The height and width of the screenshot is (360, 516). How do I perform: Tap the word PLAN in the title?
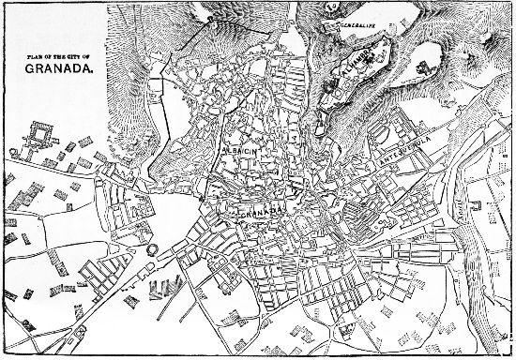[x=38, y=59]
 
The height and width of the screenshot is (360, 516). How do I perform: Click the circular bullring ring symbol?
[x=151, y=250]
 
